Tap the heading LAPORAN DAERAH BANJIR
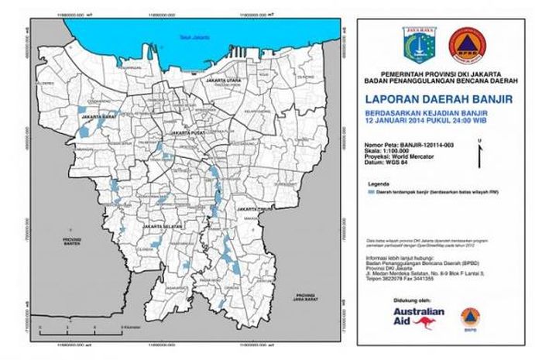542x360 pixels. click(x=439, y=98)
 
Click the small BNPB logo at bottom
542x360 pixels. click(x=467, y=317)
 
